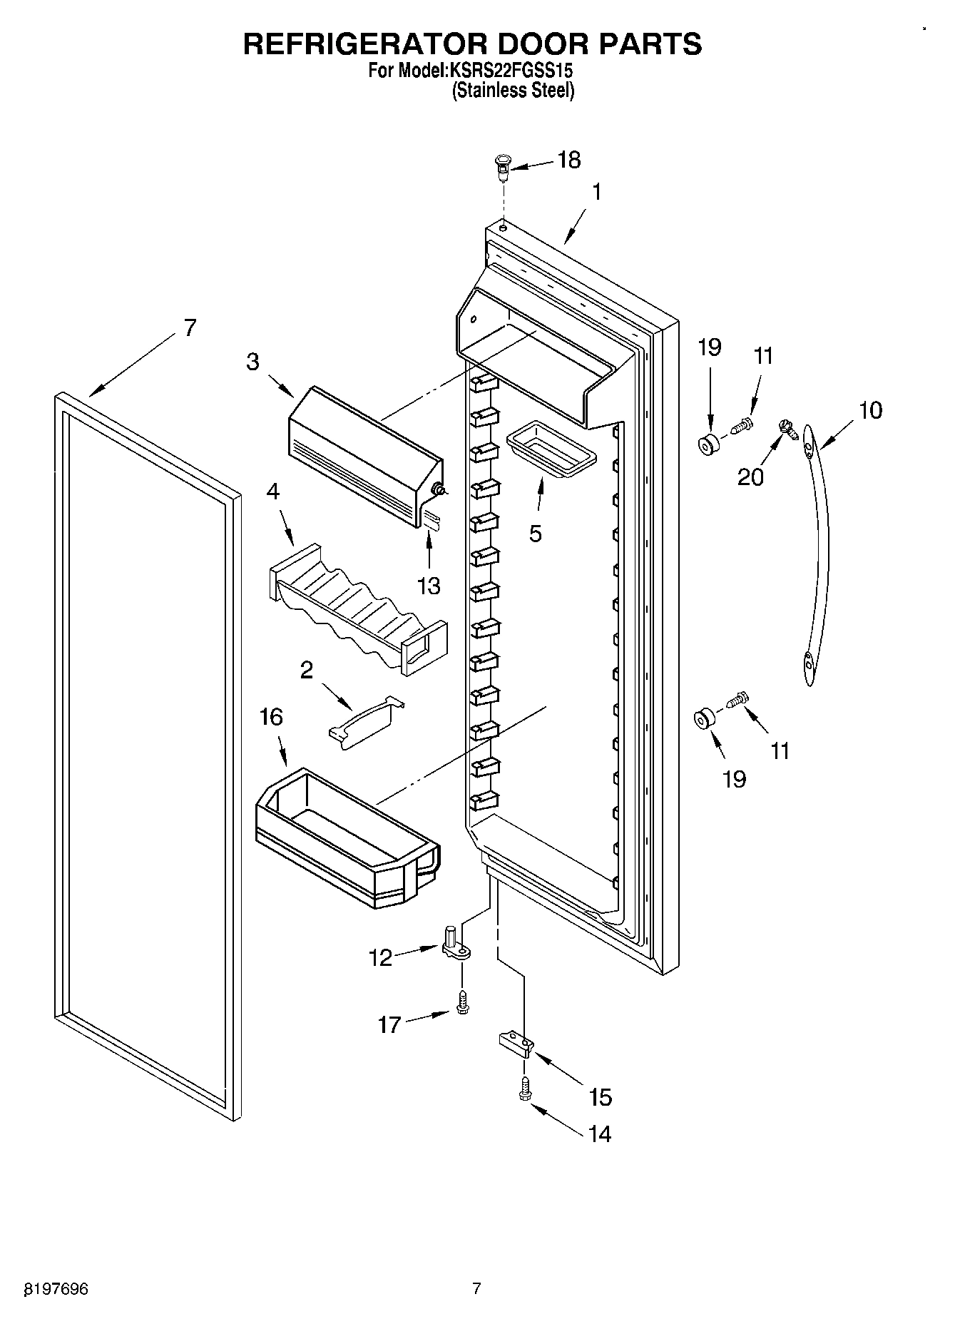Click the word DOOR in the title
[x=541, y=44]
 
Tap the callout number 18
[x=568, y=161]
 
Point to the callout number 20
[x=750, y=477]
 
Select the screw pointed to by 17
[x=463, y=1002]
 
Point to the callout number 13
[x=429, y=586]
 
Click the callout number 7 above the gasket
[x=189, y=327]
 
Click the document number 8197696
[x=56, y=1289]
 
